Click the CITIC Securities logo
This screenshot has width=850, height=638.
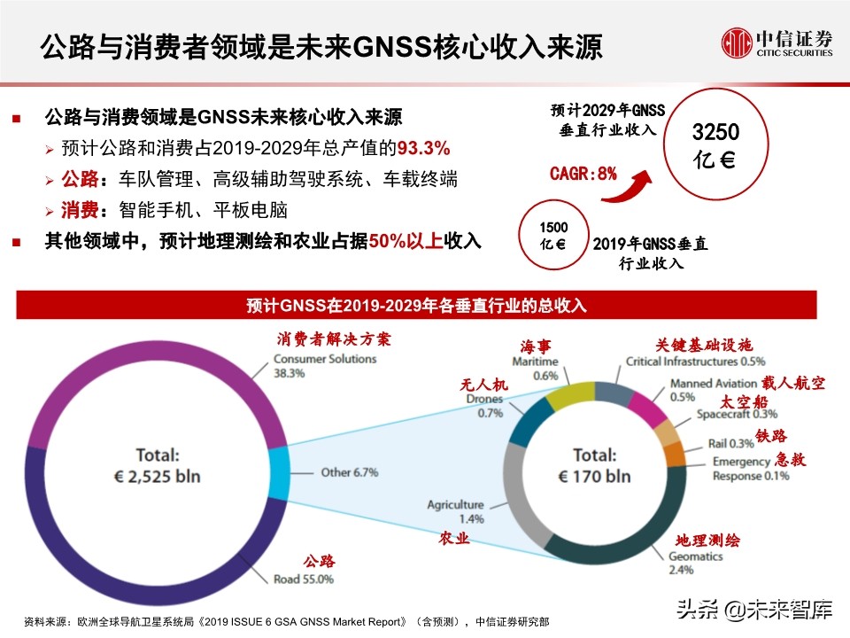[777, 42]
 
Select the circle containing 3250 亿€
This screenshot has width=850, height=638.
[715, 148]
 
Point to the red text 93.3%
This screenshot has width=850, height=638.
[424, 147]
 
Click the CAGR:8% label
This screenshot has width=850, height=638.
[583, 174]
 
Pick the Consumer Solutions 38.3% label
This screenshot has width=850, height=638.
[324, 366]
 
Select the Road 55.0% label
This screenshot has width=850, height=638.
[303, 580]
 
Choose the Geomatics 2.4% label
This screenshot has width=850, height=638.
[696, 564]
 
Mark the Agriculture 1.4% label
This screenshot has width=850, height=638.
[455, 511]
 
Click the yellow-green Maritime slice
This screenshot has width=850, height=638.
[568, 397]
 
